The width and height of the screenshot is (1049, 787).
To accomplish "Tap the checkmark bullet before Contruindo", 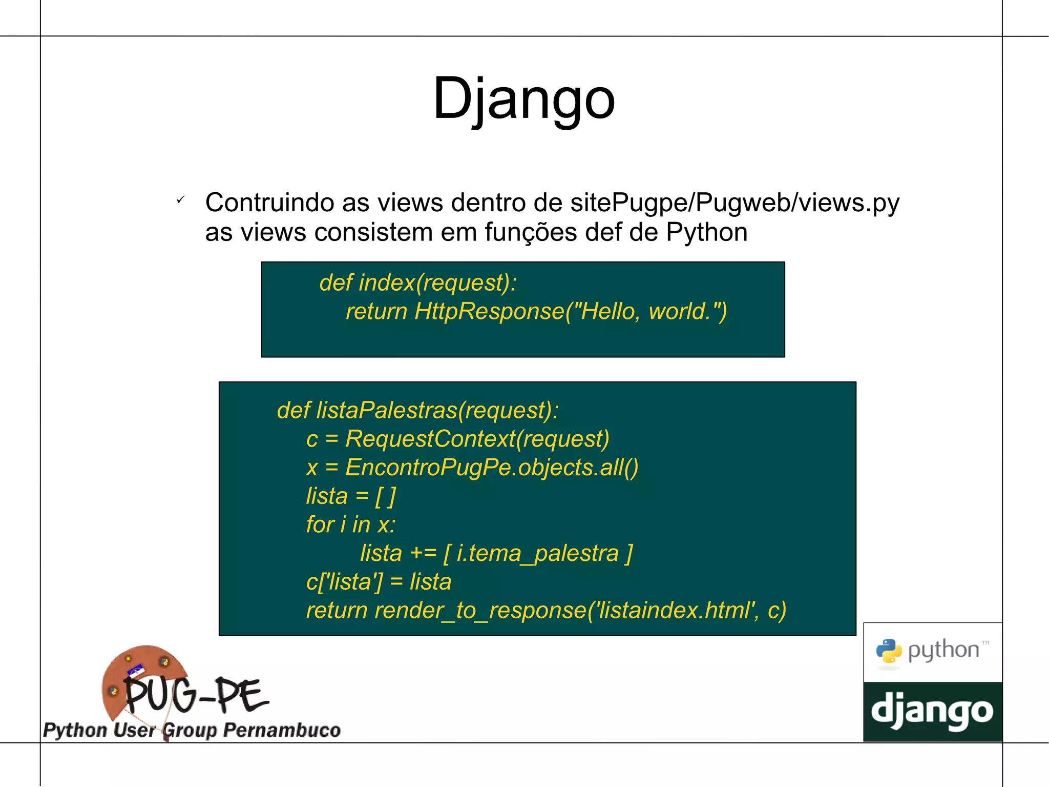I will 180,200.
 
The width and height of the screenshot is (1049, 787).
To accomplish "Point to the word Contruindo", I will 269,203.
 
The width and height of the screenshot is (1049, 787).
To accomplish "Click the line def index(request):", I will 418,282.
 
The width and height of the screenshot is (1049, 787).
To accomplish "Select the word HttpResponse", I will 489,311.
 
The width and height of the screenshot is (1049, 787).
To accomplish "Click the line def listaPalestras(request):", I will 417,410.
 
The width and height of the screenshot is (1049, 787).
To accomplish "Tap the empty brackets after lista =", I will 386,496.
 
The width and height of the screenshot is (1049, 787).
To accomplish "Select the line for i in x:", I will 351,524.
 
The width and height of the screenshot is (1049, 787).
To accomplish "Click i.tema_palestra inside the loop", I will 537,553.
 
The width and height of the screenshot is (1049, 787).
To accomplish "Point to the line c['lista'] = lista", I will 379,582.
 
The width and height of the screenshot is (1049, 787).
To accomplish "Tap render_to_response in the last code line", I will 480,611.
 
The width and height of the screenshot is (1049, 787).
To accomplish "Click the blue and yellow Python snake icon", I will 889,651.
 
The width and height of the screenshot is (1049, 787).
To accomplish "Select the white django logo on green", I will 932,712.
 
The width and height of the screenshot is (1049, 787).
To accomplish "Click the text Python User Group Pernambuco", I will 192,730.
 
